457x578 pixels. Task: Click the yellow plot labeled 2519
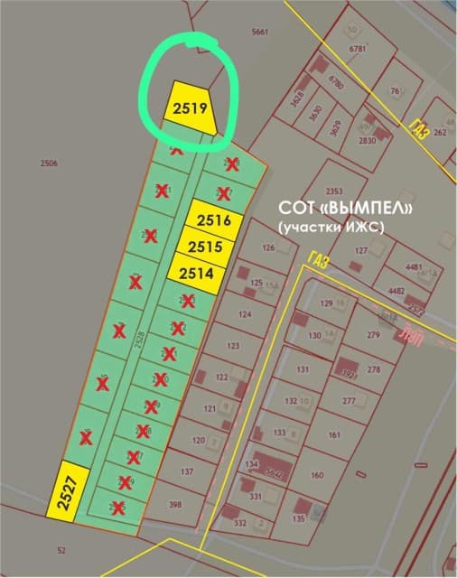pos(191,109)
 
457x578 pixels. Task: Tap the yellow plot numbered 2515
pos(206,246)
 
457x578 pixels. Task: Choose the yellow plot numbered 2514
pos(196,272)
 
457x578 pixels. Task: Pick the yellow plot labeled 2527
pos(67,491)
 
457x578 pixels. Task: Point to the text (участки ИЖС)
pos(331,227)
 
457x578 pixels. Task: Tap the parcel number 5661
pos(260,32)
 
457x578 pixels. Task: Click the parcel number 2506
pos(49,163)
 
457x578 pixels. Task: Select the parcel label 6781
pos(357,49)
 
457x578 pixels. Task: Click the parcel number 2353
pos(334,191)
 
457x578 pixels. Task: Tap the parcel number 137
pos(188,472)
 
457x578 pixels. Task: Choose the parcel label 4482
pos(396,291)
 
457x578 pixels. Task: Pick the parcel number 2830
pos(367,141)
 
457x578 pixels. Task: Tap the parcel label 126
pos(267,247)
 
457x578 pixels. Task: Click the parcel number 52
pos(61,550)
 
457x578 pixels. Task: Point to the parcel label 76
pos(395,91)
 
